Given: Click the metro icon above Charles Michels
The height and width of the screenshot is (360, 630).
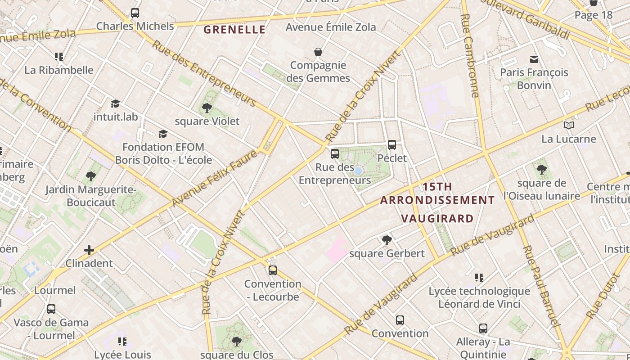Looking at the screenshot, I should click(x=135, y=13).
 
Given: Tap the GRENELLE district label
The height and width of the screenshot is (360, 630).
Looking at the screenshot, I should click(x=234, y=30).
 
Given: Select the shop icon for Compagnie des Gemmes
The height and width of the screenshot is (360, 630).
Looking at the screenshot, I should click(x=318, y=52).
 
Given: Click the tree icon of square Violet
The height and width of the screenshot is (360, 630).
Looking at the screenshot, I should click(x=207, y=108).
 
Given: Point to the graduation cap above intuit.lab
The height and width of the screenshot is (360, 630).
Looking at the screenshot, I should click(x=116, y=103).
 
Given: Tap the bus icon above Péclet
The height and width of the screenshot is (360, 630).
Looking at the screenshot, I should click(x=392, y=145).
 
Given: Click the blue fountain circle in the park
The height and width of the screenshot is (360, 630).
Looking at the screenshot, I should click(x=358, y=171).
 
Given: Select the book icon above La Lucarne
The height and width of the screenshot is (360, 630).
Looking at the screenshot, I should click(x=569, y=125).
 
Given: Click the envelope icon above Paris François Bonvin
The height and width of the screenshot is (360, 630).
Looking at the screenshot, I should click(x=534, y=59).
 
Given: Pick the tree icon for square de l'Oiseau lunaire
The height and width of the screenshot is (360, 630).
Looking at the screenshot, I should click(x=541, y=170).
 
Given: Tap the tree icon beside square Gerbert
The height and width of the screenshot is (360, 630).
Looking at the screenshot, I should click(x=387, y=240).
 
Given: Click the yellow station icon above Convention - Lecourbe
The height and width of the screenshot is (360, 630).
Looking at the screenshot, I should click(x=272, y=270).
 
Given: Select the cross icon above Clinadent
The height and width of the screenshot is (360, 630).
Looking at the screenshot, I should click(x=89, y=250).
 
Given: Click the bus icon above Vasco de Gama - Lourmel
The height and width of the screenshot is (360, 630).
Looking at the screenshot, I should click(x=51, y=309).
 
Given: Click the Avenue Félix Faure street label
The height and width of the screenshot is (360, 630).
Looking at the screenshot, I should click(x=215, y=179).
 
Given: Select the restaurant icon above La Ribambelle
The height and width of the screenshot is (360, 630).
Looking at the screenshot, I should click(x=59, y=57).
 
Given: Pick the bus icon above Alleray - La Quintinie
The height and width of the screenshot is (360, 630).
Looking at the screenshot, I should click(x=483, y=328).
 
